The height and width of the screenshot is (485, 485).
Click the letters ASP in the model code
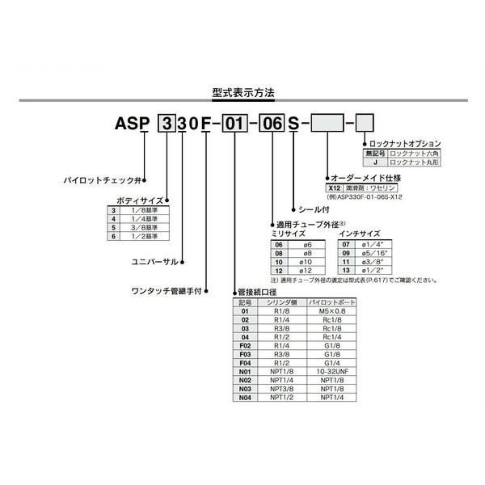click(x=132, y=124)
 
